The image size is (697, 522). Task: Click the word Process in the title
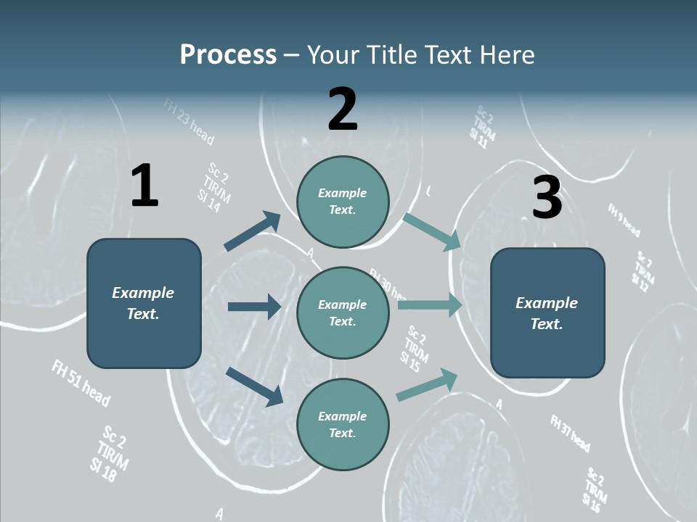click(228, 54)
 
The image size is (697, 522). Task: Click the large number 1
click(144, 186)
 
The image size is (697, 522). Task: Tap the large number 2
click(343, 109)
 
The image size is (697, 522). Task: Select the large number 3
click(547, 198)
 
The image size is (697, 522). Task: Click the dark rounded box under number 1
click(144, 303)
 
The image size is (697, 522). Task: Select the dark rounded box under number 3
click(547, 312)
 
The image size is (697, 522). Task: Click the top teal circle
click(343, 202)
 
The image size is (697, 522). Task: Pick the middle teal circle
click(343, 312)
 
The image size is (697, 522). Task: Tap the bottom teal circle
click(343, 424)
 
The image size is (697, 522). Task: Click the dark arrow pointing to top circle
click(252, 231)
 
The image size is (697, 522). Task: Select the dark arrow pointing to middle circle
click(254, 307)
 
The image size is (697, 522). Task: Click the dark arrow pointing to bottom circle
click(254, 386)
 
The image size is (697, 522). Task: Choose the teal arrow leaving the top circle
click(433, 231)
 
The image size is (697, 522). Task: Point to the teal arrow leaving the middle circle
click(430, 304)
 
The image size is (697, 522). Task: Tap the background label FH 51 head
click(81, 382)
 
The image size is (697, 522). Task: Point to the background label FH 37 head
click(570, 433)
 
